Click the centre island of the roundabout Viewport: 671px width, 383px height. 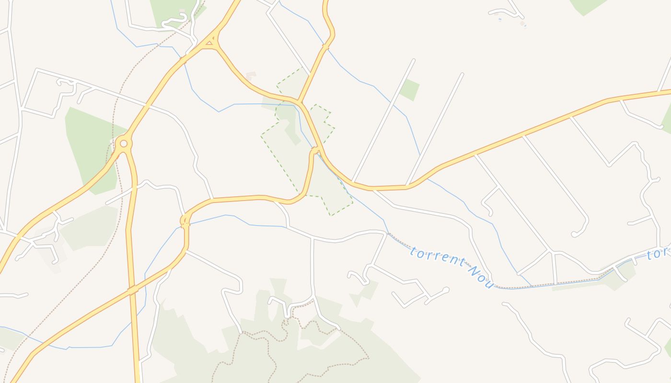click(124, 143)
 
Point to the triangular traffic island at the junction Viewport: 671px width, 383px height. click(209, 44)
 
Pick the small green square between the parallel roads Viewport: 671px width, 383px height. click(410, 90)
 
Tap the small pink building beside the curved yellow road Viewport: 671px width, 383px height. click(251, 76)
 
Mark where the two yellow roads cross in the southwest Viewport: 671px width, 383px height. click(133, 290)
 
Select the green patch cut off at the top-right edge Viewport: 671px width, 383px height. click(587, 6)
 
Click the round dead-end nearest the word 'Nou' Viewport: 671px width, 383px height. click(446, 290)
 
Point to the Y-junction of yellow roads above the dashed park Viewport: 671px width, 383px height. click(299, 101)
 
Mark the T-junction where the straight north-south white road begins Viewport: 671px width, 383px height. click(312, 238)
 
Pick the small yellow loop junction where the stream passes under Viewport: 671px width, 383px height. click(185, 221)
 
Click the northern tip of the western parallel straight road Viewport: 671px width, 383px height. click(414, 60)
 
